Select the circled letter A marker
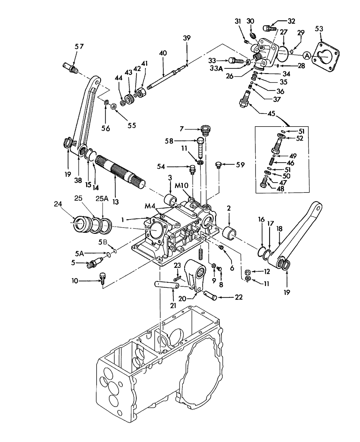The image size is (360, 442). coord(306,55)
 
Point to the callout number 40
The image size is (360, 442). coord(163,53)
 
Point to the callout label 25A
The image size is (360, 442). coord(103,199)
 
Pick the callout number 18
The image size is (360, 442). coord(279,229)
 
